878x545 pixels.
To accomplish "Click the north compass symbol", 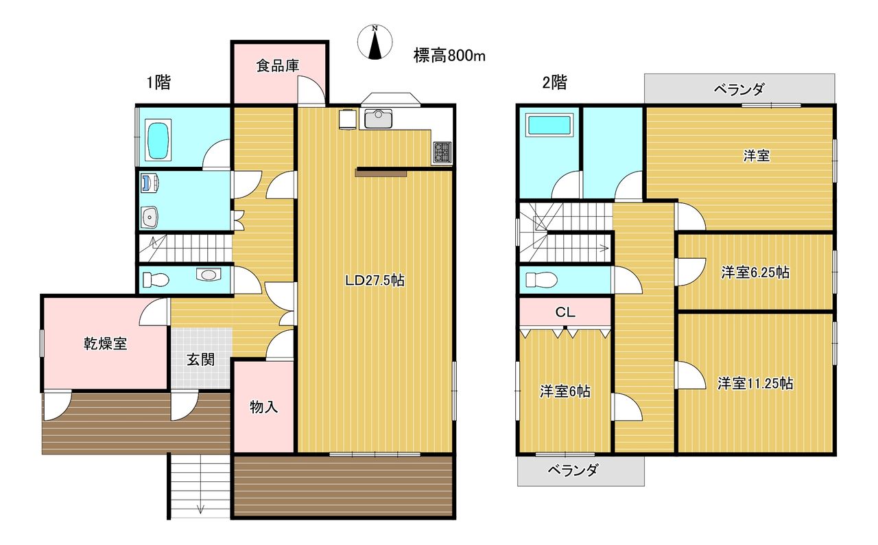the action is coord(375,42).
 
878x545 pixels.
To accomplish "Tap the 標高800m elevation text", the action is coord(449,56).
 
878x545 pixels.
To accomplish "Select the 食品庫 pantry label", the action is coord(278,65).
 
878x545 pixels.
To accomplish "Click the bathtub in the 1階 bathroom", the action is coord(158,141).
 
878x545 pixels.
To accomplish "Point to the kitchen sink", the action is coord(378,119).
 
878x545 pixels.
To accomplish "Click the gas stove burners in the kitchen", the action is coord(442,152).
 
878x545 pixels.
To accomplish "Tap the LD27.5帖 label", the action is coord(375,280).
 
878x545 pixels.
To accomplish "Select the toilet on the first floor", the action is coord(156,279).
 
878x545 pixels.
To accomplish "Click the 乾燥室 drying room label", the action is coord(106,343).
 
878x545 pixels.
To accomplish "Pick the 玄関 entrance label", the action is coord(200,360).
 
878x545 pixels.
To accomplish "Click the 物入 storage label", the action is coord(264,407).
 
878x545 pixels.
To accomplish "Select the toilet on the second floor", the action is coord(541,280).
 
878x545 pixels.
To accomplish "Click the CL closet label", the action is coord(565,312).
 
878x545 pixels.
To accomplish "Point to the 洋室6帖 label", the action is coord(565,391).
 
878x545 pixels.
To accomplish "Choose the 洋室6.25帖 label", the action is coord(755,272).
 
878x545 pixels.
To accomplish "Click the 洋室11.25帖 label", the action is coord(755,383).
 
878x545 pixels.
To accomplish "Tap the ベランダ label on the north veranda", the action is coord(739,89).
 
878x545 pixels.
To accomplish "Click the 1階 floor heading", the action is coord(158,83).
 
